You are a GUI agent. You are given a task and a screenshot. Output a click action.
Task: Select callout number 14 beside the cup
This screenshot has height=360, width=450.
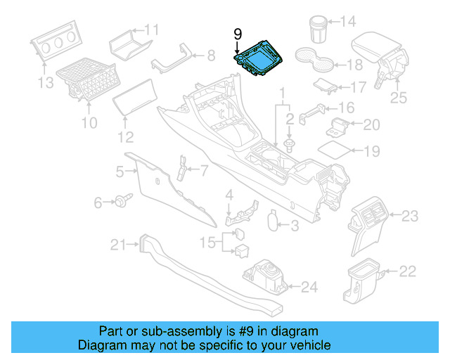(x=348, y=22)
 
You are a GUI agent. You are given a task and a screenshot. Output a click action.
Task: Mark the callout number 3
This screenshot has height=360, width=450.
(x=294, y=226)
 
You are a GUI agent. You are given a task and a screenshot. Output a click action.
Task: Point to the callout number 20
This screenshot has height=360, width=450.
(x=371, y=125)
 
